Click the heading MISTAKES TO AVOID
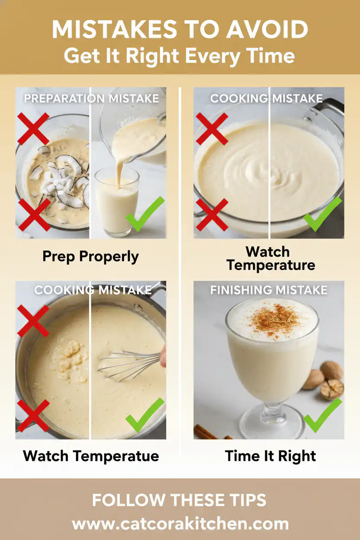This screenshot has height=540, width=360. point(180,30)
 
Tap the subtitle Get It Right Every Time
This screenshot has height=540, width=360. point(180,56)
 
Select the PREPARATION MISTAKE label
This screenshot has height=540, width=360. point(91,98)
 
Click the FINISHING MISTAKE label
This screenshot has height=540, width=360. point(269,290)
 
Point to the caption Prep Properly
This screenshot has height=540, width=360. point(90,256)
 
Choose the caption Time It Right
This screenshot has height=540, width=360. point(270,456)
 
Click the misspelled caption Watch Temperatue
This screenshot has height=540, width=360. point(91,456)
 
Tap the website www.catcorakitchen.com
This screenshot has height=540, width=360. point(180,524)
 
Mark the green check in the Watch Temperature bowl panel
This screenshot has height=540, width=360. point(322,214)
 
